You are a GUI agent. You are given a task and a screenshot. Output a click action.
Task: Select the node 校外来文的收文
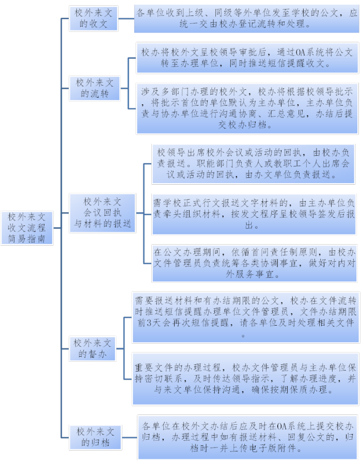95,18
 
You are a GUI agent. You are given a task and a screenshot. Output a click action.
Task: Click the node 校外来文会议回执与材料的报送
102,212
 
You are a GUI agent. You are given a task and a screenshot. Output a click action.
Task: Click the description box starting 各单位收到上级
245,18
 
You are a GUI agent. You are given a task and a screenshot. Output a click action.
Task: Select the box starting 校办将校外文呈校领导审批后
246,58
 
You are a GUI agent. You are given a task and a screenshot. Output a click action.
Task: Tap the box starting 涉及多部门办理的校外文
246,108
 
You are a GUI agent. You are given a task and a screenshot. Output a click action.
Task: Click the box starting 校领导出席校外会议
253,163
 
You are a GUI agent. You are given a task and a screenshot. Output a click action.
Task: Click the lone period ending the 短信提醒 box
244,334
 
